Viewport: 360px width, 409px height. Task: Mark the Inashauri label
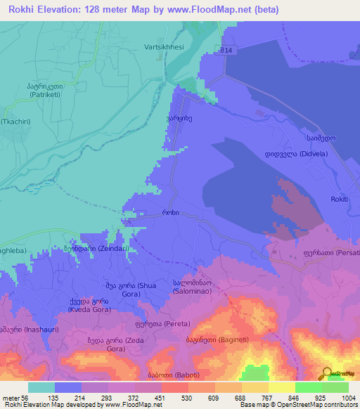point(23,328)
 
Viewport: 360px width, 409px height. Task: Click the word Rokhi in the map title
point(25,10)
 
